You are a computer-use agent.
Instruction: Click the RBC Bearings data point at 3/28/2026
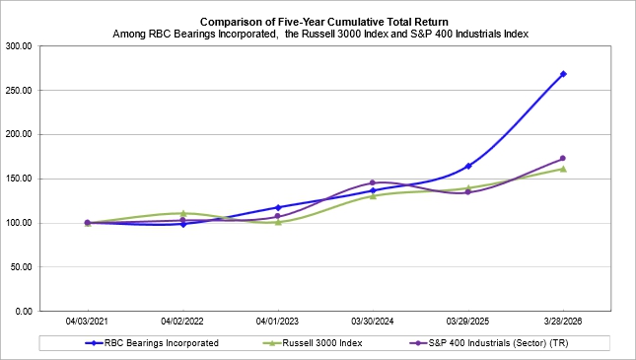click(563, 74)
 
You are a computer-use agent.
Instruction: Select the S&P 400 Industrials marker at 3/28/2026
click(563, 158)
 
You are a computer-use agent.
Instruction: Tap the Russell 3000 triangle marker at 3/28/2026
click(563, 169)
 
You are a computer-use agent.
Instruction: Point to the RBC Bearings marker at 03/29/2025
click(468, 166)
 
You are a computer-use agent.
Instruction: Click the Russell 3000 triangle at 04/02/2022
click(183, 213)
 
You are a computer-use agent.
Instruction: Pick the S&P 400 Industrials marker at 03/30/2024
click(373, 182)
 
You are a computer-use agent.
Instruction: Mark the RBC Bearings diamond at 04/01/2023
click(278, 207)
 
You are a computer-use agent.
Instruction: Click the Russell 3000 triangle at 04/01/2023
click(278, 222)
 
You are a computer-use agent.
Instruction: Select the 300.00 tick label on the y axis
click(19, 46)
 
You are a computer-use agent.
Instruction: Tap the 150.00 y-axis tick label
click(19, 179)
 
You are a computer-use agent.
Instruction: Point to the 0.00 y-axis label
click(24, 312)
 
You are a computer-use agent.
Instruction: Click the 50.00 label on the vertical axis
click(21, 267)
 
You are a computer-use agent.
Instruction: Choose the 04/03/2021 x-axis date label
click(87, 322)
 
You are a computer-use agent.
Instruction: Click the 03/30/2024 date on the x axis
click(373, 322)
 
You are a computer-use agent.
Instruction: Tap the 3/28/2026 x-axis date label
click(563, 322)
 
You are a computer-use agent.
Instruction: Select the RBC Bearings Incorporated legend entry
click(152, 343)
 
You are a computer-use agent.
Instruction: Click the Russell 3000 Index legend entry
click(313, 343)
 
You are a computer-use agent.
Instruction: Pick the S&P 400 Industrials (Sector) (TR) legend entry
click(489, 343)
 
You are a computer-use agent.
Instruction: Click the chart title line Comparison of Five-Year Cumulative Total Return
click(324, 22)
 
